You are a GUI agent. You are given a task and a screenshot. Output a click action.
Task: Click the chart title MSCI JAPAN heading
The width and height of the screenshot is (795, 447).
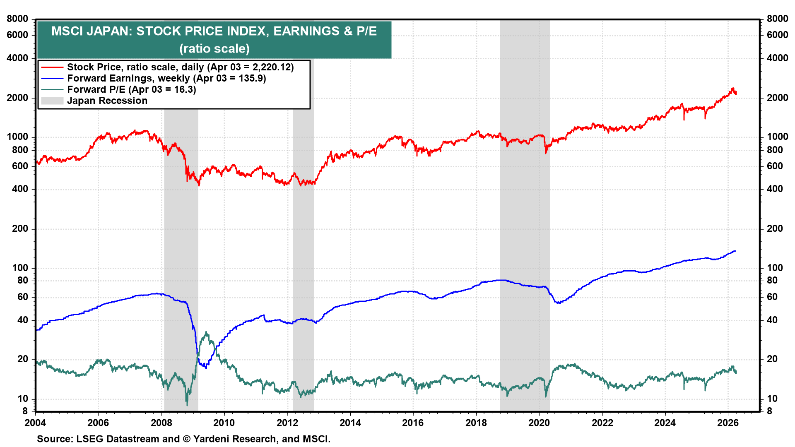point(214,31)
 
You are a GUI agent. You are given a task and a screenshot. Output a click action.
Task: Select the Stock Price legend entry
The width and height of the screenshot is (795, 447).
point(180,67)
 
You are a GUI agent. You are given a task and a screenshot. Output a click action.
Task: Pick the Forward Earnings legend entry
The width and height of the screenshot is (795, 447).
point(166,78)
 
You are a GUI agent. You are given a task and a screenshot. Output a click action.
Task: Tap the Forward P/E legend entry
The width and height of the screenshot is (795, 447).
point(131,89)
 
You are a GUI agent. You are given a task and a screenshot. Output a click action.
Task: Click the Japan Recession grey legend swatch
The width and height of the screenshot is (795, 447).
point(52,101)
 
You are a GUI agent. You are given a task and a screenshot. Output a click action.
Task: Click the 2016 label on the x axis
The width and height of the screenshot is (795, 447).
point(413,423)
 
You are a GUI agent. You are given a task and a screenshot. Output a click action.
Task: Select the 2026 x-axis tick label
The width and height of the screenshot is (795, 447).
point(728,423)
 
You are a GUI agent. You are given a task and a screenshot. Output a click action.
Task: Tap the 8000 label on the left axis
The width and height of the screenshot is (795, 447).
point(17,19)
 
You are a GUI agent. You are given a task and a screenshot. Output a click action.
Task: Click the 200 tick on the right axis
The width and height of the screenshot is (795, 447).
point(775,228)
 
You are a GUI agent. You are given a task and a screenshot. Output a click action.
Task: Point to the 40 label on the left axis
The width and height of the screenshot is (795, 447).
point(23,320)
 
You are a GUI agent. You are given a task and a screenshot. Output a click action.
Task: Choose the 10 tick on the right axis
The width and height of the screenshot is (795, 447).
point(772,399)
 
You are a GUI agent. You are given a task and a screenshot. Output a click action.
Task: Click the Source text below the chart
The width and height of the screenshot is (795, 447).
point(183,439)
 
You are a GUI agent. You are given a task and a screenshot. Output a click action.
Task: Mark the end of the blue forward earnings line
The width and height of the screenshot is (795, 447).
point(735,251)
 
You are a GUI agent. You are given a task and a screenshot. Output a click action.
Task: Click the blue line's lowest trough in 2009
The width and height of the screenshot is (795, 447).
point(206,368)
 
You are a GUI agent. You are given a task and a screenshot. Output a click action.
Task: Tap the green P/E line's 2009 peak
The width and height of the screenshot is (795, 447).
point(206,332)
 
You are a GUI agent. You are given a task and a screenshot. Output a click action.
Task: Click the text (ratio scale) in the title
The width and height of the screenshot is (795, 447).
point(214,48)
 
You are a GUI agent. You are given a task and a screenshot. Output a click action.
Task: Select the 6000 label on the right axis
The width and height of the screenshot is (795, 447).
point(777,35)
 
